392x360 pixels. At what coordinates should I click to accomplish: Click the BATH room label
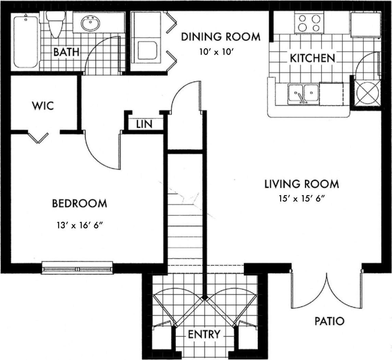point(66,52)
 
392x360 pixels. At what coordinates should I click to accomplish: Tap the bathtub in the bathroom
point(26,41)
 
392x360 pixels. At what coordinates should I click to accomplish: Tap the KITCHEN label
point(312,58)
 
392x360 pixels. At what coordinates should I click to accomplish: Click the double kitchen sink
point(303,93)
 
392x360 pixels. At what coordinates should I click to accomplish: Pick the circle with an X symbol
point(368,93)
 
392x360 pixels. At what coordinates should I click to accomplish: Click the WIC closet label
point(43,106)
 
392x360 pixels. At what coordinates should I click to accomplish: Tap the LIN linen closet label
point(144,124)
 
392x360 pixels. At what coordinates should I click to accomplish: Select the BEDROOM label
point(79,203)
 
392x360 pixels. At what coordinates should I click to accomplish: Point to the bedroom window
point(77,268)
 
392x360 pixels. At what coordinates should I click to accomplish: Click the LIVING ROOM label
point(301,184)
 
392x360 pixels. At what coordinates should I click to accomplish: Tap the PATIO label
point(329,321)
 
